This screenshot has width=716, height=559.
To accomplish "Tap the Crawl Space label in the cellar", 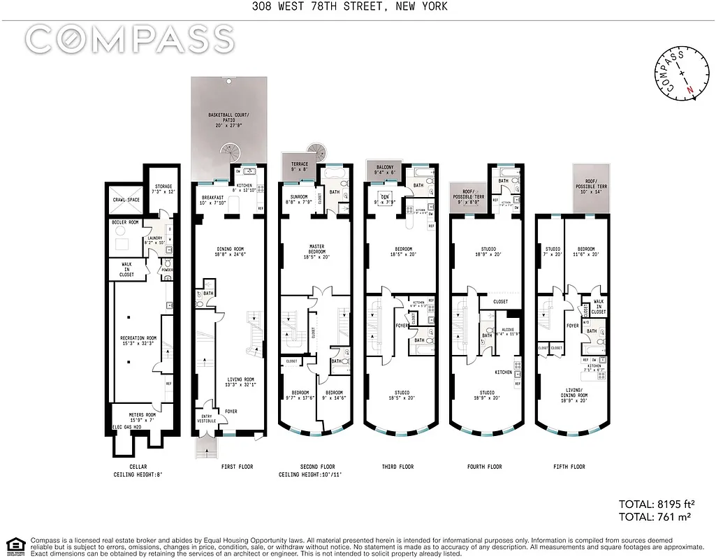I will pos(126,200).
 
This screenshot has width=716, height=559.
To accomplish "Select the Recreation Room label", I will pos(138,341).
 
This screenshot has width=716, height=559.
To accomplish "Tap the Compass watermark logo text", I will pos(130,39).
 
